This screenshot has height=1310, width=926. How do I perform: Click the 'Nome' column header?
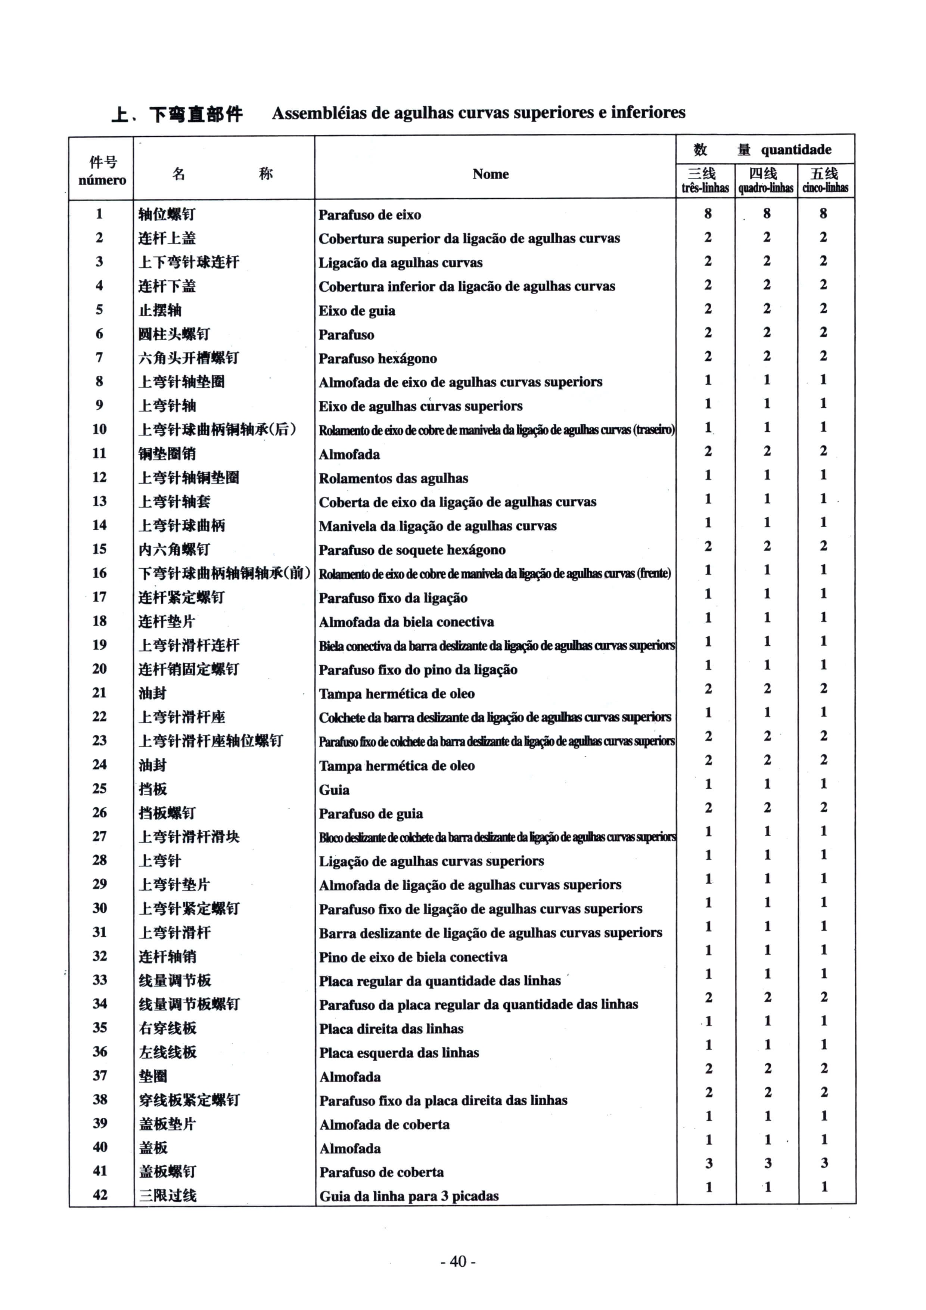(x=490, y=174)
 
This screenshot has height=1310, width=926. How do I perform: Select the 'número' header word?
(x=102, y=180)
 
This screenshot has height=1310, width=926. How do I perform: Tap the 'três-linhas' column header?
(x=705, y=188)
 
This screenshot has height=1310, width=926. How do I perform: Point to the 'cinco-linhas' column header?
(x=825, y=188)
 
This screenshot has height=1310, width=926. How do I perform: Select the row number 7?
(x=99, y=357)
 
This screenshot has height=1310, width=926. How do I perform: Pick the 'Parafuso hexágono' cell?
(x=378, y=358)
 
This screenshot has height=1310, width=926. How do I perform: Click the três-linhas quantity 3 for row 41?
(x=709, y=1163)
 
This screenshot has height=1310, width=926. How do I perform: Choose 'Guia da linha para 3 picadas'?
(x=408, y=1196)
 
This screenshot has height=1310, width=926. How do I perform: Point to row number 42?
(x=100, y=1195)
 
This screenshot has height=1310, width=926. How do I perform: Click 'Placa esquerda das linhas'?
(x=399, y=1053)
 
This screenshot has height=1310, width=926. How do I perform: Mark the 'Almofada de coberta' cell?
(x=384, y=1124)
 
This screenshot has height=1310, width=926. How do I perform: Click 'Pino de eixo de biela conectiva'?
(x=413, y=957)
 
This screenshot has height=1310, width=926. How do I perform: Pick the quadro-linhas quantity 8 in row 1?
(x=767, y=213)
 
